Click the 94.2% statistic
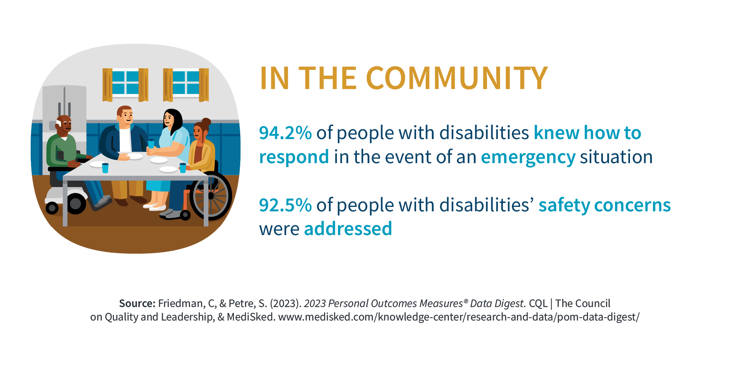[x=285, y=133]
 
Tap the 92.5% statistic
[x=285, y=205]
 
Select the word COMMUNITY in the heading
[x=457, y=78]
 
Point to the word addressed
[x=348, y=229]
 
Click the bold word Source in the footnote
[x=138, y=304]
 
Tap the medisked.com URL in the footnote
[x=459, y=317]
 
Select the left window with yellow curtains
[x=125, y=84]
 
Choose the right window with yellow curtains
[x=186, y=84]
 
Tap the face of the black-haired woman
[x=169, y=119]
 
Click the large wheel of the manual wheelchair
[x=211, y=196]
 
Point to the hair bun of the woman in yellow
[x=206, y=122]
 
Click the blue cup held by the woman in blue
[x=151, y=143]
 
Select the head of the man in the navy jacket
[x=125, y=116]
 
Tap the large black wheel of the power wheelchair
[x=76, y=204]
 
